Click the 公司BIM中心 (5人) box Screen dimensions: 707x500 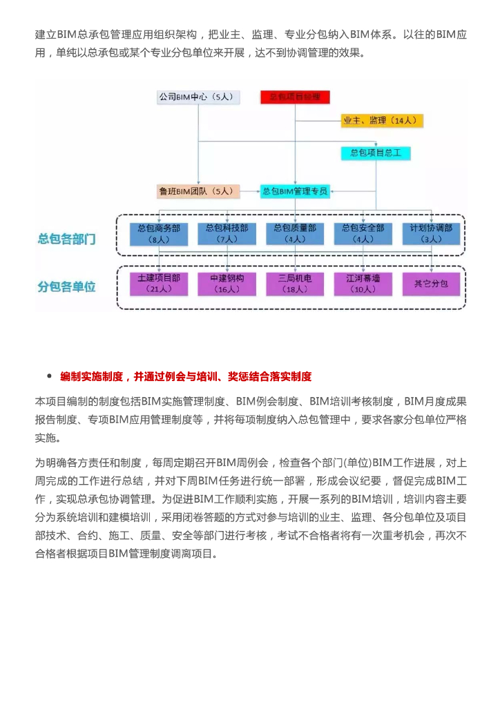coord(198,97)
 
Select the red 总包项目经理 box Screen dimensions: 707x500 coord(295,97)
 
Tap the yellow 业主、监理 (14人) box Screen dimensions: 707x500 coord(381,121)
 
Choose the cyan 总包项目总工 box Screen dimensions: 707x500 coord(376,153)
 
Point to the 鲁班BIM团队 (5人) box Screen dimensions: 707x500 coord(198,191)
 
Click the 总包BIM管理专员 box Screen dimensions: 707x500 coord(294,191)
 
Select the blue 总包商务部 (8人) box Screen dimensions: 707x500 coord(159,233)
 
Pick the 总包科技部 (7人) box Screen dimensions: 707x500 coord(227,233)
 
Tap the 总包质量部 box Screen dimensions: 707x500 coord(295,233)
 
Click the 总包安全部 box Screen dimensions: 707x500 coord(363,233)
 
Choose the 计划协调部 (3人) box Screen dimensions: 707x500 coord(431,233)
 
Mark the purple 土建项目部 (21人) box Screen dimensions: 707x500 coord(159,284)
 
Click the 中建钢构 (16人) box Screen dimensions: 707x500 coord(227,284)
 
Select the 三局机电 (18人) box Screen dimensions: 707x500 coord(295,284)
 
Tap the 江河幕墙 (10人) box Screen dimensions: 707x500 coord(363,284)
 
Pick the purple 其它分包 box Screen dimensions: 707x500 coord(431,284)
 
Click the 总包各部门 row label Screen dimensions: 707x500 coord(66,240)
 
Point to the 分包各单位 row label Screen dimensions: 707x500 coord(66,286)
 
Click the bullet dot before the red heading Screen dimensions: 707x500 coord(49,376)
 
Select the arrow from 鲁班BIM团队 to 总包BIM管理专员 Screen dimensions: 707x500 coord(250,191)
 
